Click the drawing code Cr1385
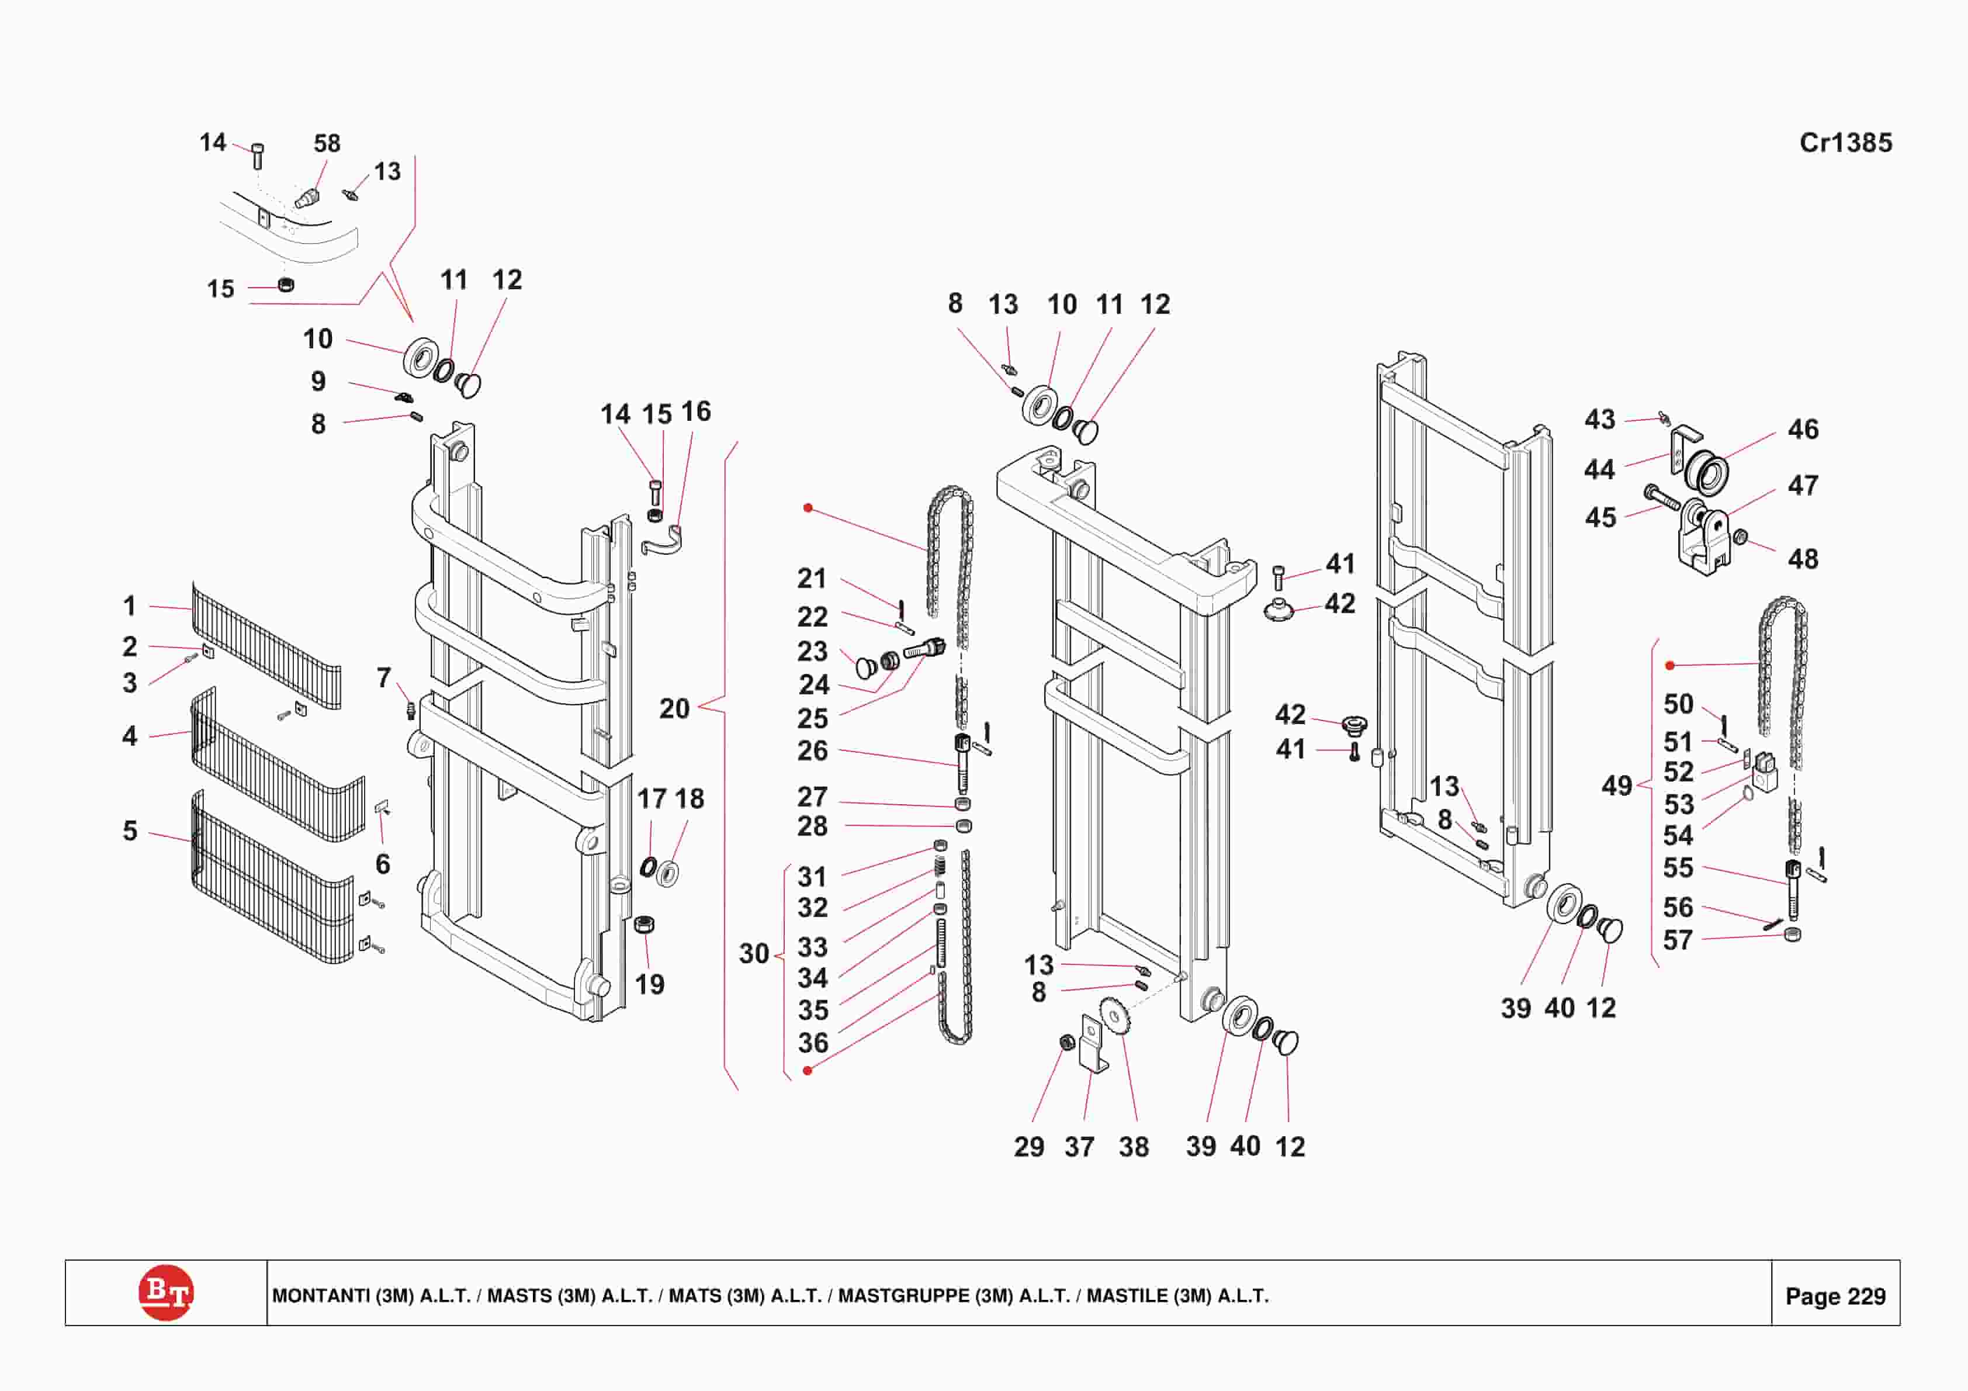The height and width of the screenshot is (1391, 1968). pyautogui.click(x=1845, y=143)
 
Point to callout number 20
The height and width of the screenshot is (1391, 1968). pyautogui.click(x=674, y=708)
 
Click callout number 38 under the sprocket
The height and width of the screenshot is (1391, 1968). pyautogui.click(x=1133, y=1147)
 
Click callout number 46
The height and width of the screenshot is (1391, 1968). pyautogui.click(x=1803, y=429)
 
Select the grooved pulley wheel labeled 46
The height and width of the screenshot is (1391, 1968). pyautogui.click(x=1706, y=472)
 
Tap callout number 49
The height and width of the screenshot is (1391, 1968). pyautogui.click(x=1617, y=786)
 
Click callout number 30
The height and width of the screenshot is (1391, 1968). pyautogui.click(x=753, y=954)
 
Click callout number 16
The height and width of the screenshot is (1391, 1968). pyautogui.click(x=696, y=411)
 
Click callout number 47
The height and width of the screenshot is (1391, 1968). pyautogui.click(x=1803, y=486)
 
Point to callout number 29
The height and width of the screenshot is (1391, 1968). pyautogui.click(x=1028, y=1147)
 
